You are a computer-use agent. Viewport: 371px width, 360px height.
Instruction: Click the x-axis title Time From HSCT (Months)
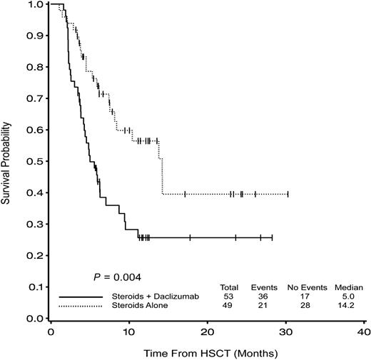pos(206,352)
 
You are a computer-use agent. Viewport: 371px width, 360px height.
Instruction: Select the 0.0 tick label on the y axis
pos(34,319)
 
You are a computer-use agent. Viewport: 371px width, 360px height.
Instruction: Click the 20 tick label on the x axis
pos(207,331)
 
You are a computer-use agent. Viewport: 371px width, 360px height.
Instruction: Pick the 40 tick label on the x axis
pos(363,331)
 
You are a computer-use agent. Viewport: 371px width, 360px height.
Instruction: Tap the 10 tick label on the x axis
pos(129,331)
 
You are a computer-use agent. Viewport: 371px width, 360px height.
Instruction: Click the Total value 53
pos(229,296)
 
